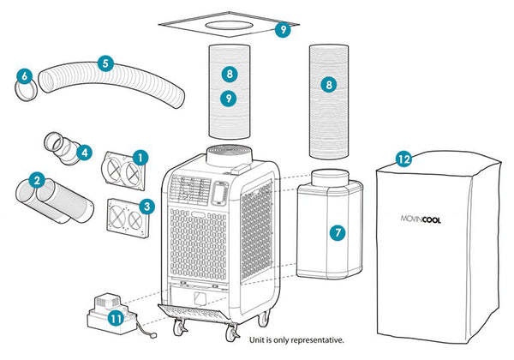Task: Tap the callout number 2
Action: coord(36,180)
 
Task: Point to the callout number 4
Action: coord(83,153)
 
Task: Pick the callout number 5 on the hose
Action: coord(105,63)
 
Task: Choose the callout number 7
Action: coord(338,232)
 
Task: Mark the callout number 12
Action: coord(403,159)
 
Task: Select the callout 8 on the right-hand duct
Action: coord(327,85)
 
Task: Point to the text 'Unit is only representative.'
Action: coord(296,340)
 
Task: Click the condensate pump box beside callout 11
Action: coord(105,306)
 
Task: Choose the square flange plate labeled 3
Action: coord(127,217)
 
